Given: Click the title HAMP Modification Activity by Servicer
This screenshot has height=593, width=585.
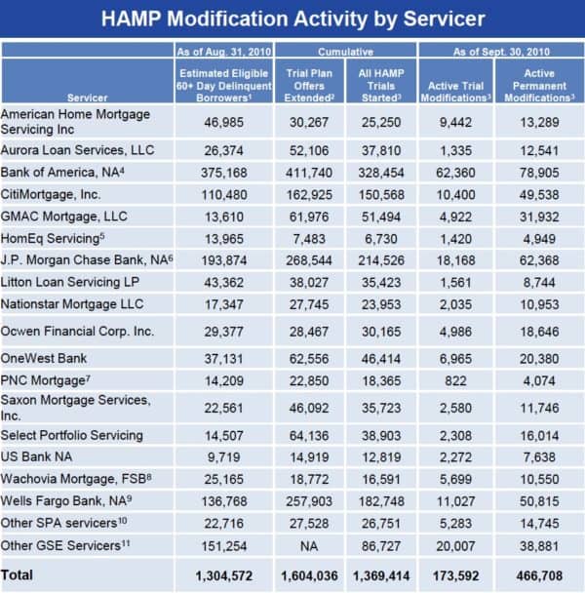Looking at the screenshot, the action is point(293,19).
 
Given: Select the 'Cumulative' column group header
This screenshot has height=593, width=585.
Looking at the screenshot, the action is point(345,52).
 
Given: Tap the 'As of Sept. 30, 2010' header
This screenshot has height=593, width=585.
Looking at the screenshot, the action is point(501,52).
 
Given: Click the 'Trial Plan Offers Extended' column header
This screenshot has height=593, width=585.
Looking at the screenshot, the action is point(309,86).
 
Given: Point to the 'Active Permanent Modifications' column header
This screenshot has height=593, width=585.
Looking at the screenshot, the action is point(539,86).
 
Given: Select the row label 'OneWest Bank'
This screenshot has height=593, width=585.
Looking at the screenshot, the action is point(44,358).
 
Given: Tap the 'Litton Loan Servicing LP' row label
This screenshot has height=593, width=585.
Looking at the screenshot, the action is point(70,282).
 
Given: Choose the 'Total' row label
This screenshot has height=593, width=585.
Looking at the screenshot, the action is point(17,574).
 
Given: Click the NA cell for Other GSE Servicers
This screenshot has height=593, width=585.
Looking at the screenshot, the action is point(309,546).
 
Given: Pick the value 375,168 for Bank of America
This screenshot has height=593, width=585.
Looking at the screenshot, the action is point(224,173).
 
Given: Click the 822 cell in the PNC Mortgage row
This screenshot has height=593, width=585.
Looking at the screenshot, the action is point(455,380).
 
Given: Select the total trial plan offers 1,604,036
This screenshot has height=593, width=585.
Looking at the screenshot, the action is point(309,576).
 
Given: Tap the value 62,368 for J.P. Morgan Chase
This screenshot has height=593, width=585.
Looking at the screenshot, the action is point(539,260).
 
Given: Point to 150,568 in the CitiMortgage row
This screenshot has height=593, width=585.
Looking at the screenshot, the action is point(381,195).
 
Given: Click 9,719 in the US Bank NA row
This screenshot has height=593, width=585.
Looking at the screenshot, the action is point(224,457).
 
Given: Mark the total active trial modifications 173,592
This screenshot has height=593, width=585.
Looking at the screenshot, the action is point(455,576).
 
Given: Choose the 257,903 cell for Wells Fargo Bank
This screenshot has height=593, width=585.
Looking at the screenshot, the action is point(309,501).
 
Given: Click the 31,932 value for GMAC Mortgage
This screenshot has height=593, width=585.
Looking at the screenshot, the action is point(539,217).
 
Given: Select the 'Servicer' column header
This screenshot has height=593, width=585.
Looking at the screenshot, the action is point(88,98).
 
